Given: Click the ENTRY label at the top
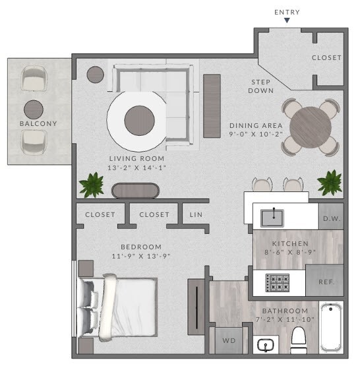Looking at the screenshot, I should [287, 12].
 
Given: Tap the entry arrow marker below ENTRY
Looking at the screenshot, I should [287, 21].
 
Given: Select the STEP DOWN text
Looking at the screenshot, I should [261, 86].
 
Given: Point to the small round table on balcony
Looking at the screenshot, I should [34, 109].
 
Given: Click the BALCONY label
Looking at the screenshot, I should [38, 124].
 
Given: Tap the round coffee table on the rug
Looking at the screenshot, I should [140, 119].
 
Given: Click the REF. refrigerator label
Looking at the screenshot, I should [326, 282].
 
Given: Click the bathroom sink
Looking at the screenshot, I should [266, 344].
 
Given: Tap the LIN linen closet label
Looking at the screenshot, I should [196, 215].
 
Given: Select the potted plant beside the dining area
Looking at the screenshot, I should [329, 182].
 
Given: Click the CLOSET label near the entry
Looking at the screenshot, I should [326, 58].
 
